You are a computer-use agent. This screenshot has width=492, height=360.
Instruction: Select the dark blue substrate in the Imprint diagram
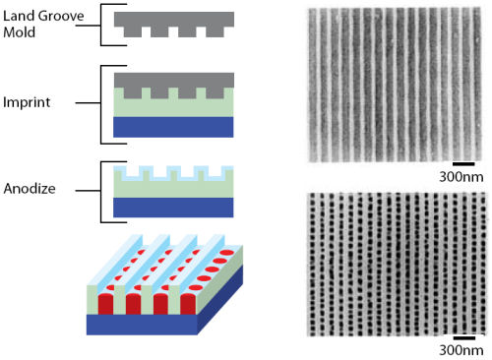pyautogui.click(x=173, y=127)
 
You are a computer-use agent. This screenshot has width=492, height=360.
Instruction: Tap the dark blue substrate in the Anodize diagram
pyautogui.click(x=173, y=206)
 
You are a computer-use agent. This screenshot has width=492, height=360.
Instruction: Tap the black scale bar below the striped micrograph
pyautogui.click(x=463, y=163)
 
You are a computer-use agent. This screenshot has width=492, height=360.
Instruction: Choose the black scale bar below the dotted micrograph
pyautogui.click(x=463, y=334)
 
